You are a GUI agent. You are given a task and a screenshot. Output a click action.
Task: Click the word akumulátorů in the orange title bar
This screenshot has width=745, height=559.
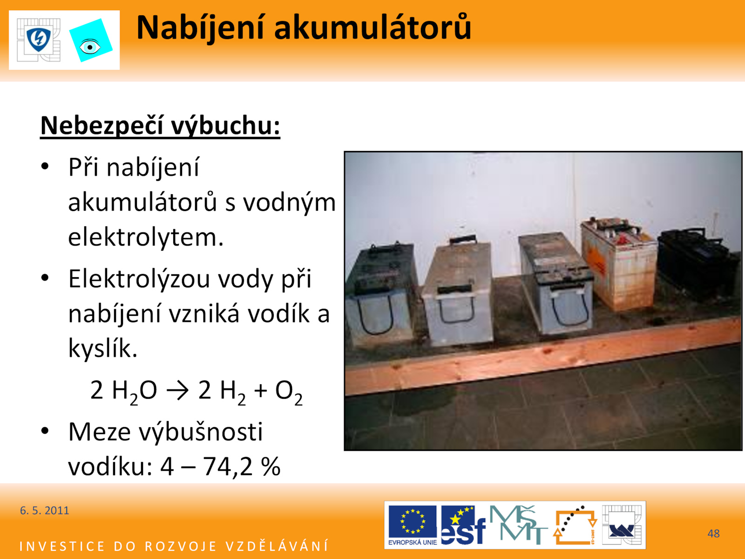[372, 27]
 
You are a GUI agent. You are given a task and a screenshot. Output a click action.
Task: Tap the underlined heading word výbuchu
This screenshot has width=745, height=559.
[225, 126]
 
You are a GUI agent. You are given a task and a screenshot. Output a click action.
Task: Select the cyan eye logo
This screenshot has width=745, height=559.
[91, 41]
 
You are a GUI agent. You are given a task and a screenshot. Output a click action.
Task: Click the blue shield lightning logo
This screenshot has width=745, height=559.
[39, 40]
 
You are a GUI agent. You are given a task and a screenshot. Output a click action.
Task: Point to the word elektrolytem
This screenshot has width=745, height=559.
[146, 237]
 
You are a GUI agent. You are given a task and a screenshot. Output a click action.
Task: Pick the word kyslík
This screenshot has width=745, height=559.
[103, 348]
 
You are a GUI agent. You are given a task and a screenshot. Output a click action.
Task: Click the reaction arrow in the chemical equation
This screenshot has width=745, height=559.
[177, 391]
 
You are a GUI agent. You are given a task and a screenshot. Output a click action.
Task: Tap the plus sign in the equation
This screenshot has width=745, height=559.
[260, 391]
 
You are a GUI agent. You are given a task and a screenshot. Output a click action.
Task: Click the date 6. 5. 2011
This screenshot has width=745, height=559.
[44, 511]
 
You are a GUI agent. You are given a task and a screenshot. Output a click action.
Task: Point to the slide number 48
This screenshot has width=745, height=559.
[713, 533]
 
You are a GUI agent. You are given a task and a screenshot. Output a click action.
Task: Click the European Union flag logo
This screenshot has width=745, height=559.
[413, 525]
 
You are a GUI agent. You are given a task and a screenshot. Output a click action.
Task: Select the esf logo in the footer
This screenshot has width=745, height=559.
[463, 525]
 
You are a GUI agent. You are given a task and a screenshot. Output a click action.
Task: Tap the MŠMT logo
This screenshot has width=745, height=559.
[518, 525]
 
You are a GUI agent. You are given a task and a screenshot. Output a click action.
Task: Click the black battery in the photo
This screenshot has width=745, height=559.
[698, 262]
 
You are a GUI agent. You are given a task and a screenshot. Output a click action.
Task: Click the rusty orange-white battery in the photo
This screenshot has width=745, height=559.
[619, 263]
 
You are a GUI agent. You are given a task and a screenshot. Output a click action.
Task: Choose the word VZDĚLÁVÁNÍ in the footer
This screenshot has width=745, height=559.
[277, 546]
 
